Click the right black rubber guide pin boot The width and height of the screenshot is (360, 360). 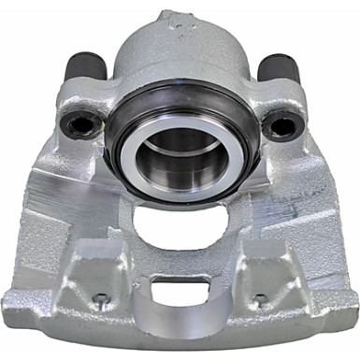coord(278,69)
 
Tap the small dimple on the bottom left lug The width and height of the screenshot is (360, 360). coord(99,299)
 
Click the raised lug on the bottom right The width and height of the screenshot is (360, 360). coord(266,281)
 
